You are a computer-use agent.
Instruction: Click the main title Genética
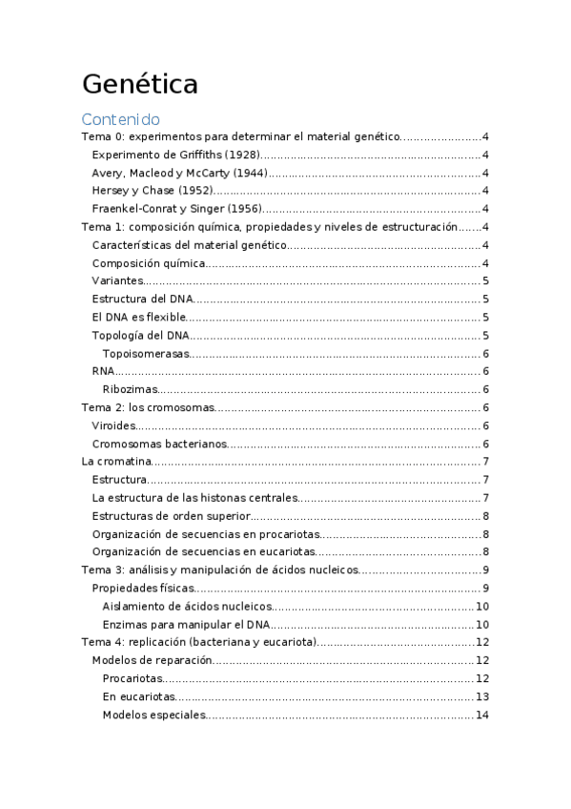pos(139,84)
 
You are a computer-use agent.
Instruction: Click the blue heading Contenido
pos(120,119)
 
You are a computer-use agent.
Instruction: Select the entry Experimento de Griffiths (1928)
pos(175,155)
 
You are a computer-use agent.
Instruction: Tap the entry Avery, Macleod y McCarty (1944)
pos(178,173)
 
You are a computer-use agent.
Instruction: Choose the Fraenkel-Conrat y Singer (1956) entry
pos(176,209)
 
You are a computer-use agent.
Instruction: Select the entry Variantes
pos(117,281)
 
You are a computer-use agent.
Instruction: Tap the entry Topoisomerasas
pos(146,354)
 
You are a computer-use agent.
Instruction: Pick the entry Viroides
pos(113,425)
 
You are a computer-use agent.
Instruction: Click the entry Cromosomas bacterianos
pos(159,444)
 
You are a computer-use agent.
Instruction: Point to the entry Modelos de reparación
pos(151,660)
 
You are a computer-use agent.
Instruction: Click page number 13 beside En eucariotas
pos(482,696)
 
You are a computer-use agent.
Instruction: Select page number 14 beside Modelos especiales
pos(482,715)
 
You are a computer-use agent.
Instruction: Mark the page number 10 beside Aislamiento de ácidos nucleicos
pos(482,606)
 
